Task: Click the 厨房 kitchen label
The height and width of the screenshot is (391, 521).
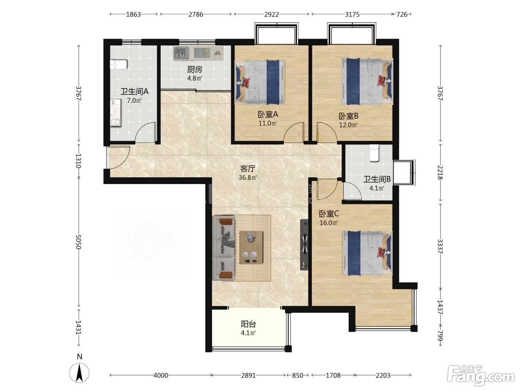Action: coord(195,70)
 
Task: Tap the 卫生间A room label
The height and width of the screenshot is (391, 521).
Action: coord(134,91)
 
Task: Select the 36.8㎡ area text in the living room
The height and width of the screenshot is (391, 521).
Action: coord(248,177)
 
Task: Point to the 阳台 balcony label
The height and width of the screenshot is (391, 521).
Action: coord(249,324)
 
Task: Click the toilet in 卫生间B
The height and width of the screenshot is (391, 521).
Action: coord(374,153)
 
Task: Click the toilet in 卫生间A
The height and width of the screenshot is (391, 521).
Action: coord(119,64)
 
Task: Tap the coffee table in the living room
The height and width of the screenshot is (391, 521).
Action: coord(251,247)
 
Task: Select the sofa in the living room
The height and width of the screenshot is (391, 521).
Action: coord(223,248)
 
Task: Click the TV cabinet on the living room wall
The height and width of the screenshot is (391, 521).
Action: coord(304,245)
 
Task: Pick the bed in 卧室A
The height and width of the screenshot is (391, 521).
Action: coord(260,82)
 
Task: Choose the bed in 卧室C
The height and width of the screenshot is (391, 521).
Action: coord(367,253)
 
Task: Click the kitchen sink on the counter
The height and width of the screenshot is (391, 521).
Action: coord(181,53)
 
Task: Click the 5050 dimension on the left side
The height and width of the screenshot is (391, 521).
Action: coord(79,242)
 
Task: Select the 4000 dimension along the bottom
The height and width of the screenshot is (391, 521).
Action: coord(161,375)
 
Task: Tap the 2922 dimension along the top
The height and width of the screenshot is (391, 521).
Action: coord(271,15)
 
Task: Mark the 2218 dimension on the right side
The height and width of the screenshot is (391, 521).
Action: coord(440,172)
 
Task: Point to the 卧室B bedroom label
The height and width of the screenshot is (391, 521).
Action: coord(348,116)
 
